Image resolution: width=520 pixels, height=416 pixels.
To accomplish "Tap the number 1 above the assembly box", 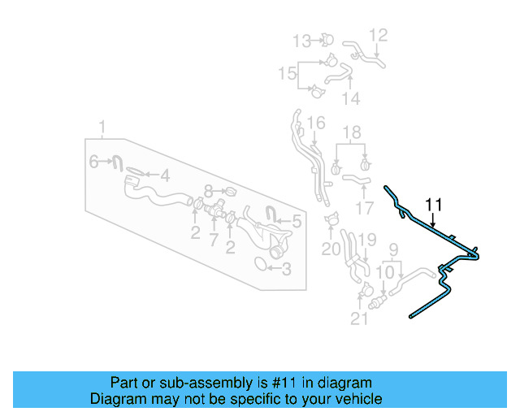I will click(102, 127).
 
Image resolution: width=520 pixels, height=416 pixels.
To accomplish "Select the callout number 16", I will click(316, 123).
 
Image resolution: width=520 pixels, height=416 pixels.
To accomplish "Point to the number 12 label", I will click(379, 35).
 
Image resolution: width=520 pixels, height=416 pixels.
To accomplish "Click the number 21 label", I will click(359, 319).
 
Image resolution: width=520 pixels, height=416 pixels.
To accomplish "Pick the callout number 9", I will click(393, 249).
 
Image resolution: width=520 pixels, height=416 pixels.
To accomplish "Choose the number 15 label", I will click(287, 74).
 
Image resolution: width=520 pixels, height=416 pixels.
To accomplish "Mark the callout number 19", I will click(367, 239).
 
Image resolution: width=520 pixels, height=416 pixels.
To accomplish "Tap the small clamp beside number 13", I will click(326, 38).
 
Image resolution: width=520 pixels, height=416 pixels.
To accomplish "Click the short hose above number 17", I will click(355, 178).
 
